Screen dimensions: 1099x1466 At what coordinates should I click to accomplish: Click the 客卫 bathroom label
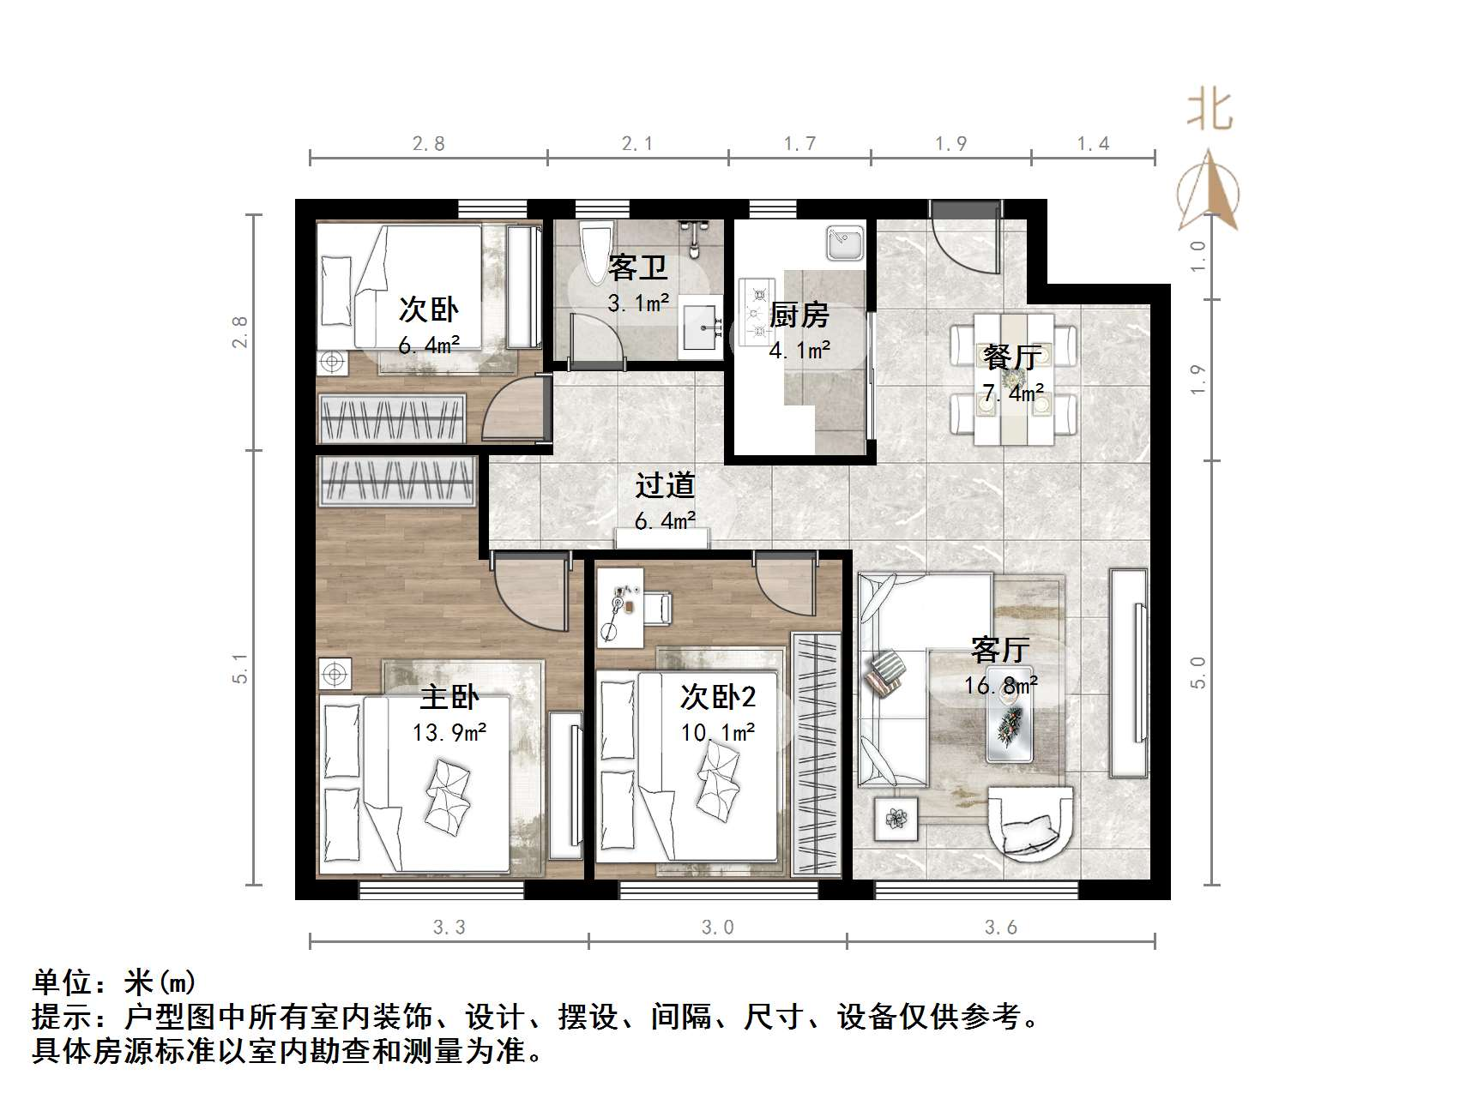637,268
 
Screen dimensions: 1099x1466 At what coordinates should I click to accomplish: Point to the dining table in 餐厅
1013,378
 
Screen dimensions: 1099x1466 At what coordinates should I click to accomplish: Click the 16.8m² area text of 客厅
1000,686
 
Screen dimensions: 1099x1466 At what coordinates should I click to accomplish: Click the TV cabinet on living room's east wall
1129,673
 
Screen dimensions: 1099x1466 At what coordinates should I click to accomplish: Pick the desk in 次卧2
619,606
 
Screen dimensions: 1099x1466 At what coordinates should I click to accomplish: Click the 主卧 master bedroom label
449,697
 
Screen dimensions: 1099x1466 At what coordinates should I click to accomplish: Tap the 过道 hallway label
665,486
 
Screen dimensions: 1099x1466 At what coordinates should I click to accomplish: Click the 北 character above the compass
1210,111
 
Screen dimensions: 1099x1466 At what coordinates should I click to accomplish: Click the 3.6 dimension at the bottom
1000,928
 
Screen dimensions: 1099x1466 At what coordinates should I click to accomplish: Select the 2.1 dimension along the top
637,144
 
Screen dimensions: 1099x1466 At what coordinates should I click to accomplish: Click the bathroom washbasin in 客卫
702,327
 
